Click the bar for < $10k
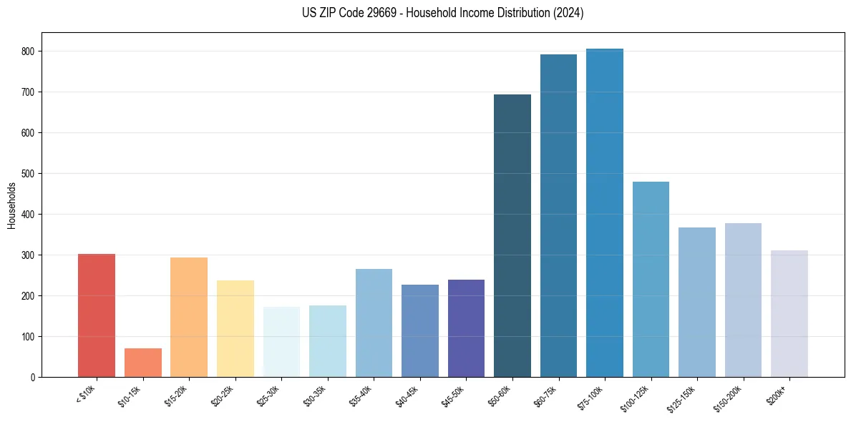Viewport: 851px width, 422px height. point(97,315)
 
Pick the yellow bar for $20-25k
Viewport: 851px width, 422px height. point(235,328)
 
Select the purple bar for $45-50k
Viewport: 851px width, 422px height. point(466,328)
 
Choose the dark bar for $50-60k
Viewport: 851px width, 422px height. point(512,235)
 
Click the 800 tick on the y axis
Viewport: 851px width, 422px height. point(31,51)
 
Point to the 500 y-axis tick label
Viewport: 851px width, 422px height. point(31,174)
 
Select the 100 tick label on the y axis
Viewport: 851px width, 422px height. point(31,337)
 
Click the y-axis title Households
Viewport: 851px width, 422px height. point(11,205)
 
